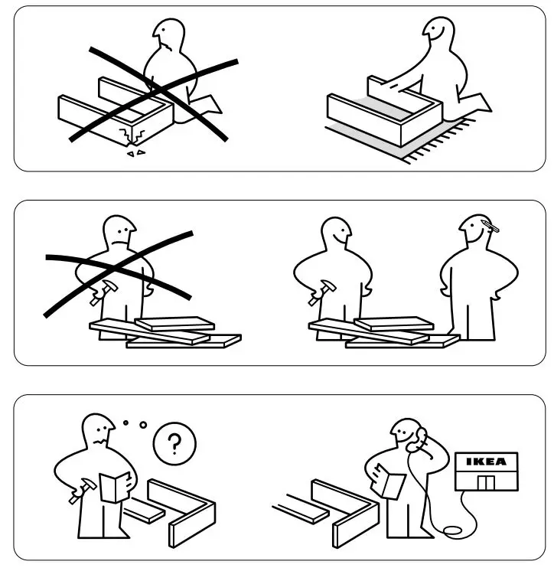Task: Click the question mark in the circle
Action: coord(174,442)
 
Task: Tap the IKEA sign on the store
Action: coord(486,462)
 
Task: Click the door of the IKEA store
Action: coord(485,482)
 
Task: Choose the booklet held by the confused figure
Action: coord(115,486)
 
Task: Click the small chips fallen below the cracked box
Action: coord(135,154)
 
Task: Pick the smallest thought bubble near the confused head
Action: coord(125,421)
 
